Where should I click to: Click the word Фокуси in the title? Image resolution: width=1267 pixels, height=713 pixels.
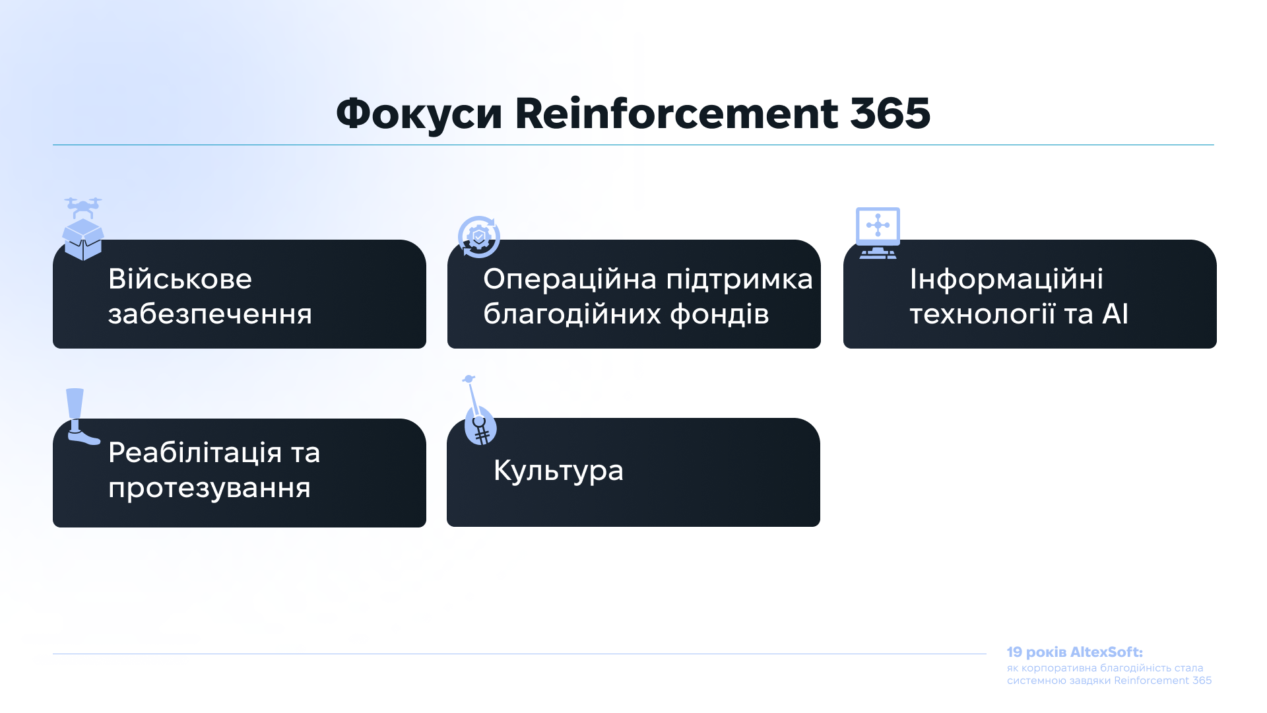click(x=419, y=114)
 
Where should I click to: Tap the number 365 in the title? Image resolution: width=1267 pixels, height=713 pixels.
click(x=890, y=113)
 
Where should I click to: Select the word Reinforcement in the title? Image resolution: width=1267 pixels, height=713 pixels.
click(x=676, y=113)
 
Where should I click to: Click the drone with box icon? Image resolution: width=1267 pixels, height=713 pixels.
click(x=83, y=228)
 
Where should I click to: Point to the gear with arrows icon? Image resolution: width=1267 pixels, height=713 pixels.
click(x=479, y=236)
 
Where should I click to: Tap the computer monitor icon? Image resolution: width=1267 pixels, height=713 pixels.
click(x=878, y=233)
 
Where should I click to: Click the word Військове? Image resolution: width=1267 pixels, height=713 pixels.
click(x=180, y=279)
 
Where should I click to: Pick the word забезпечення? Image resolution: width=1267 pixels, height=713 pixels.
click(x=210, y=314)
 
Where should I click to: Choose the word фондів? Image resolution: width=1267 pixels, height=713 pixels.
click(x=719, y=314)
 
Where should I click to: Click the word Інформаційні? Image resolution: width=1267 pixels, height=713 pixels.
click(x=1006, y=279)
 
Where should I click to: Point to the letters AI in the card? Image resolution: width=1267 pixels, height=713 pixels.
click(x=1115, y=314)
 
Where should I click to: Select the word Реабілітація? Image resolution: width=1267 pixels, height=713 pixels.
click(x=195, y=454)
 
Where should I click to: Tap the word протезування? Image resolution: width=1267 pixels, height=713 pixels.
click(x=209, y=489)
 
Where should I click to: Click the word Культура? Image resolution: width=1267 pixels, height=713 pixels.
click(x=558, y=471)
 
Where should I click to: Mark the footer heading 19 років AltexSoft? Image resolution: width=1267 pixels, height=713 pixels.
click(x=1074, y=652)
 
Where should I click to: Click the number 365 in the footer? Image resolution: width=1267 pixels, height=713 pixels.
click(x=1202, y=681)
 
